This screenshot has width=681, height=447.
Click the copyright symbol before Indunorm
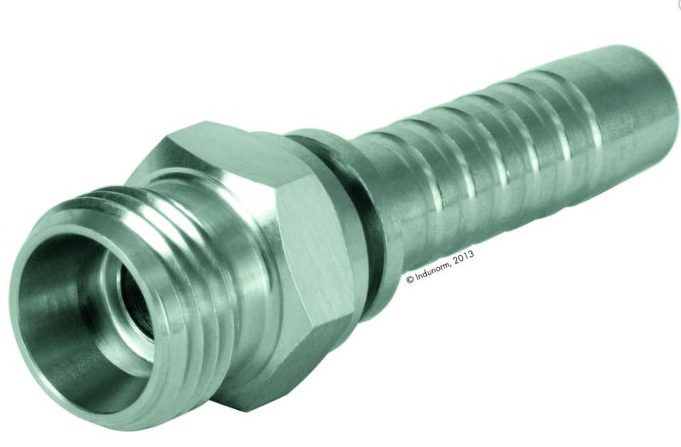point(410,280)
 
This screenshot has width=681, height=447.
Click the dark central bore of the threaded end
point(135,300)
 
